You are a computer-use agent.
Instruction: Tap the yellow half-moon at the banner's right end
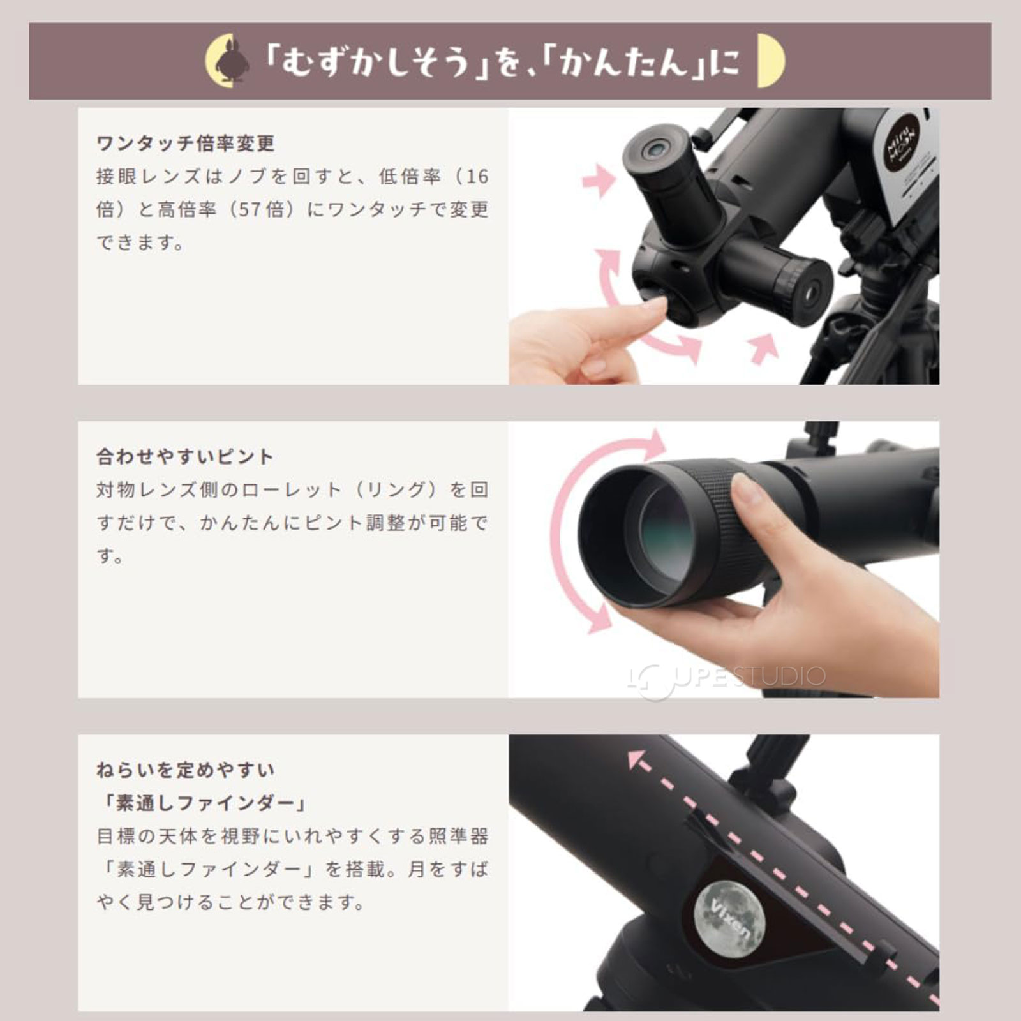tap(768, 62)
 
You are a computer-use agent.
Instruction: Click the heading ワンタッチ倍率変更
tap(185, 144)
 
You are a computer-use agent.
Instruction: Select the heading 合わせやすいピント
tap(185, 457)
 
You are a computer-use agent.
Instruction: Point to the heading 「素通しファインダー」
tap(204, 803)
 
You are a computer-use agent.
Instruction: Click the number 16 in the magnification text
tap(477, 177)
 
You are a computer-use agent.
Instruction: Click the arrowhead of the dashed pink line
tap(636, 759)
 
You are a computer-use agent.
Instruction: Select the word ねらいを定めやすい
tap(185, 770)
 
